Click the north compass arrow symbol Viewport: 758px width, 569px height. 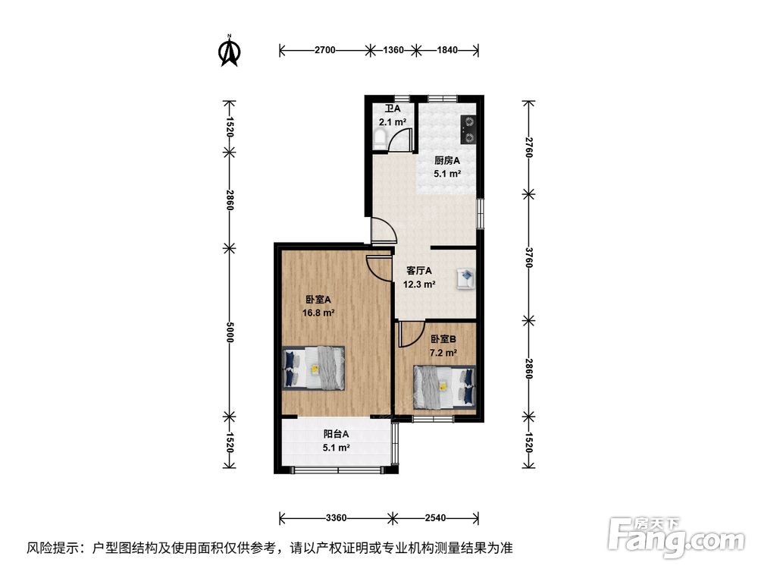[230, 50]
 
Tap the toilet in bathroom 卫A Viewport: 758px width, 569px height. [380, 139]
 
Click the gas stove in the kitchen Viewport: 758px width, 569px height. [468, 130]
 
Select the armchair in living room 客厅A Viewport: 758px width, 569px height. [466, 279]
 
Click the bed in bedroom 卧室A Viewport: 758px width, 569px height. [313, 368]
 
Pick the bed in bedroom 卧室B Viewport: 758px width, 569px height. [444, 385]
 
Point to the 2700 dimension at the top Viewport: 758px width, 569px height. [325, 50]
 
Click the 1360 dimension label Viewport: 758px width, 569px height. [393, 50]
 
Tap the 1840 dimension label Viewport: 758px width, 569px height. [447, 50]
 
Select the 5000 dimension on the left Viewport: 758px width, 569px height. [230, 332]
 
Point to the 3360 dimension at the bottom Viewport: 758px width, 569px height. [336, 518]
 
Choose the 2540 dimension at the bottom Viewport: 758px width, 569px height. [435, 518]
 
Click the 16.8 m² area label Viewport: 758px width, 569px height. [318, 313]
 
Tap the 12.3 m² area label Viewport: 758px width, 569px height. [419, 284]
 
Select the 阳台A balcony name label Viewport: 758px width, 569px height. [336, 434]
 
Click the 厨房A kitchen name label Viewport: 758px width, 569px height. [447, 160]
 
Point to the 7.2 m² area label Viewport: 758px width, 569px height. [443, 353]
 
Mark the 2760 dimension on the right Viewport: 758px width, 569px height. [529, 147]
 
